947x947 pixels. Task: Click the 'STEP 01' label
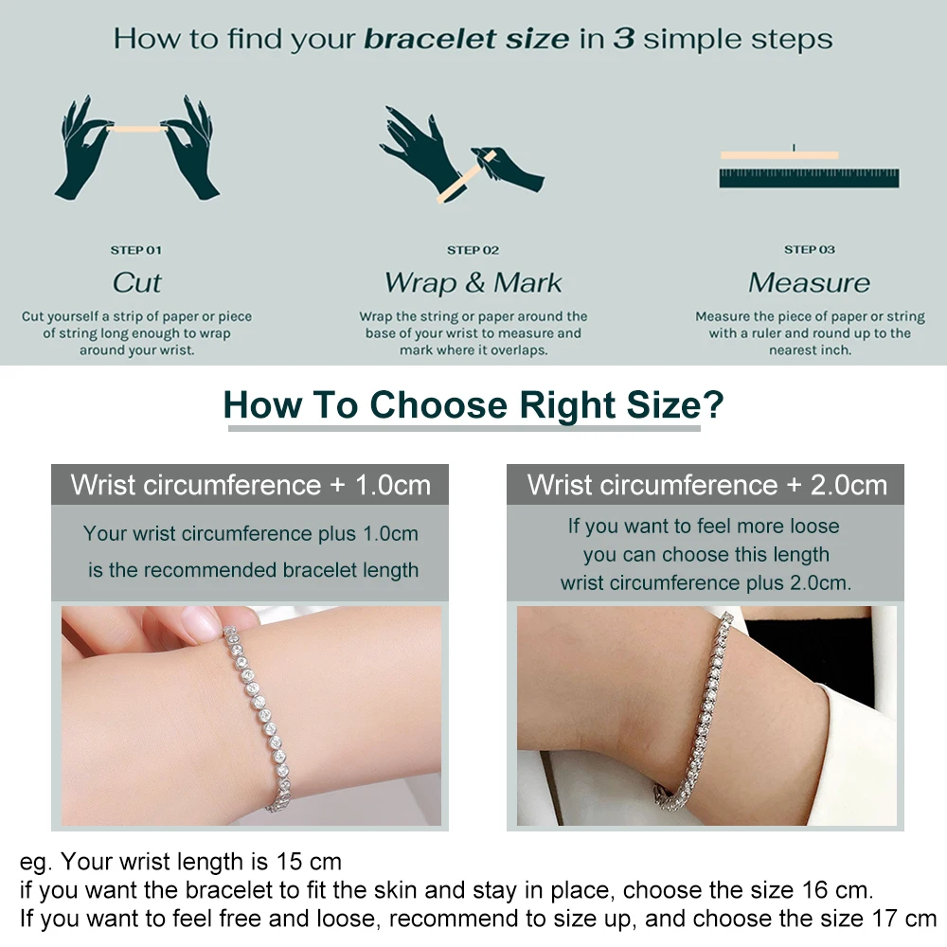pyautogui.click(x=136, y=250)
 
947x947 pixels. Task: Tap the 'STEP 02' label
pyautogui.click(x=473, y=250)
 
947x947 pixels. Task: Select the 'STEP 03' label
pyautogui.click(x=810, y=250)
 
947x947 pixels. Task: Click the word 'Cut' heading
pyautogui.click(x=136, y=282)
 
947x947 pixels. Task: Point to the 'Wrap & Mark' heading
pyautogui.click(x=473, y=282)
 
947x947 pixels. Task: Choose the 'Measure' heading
pyautogui.click(x=810, y=282)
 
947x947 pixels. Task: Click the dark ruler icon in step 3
pyautogui.click(x=809, y=178)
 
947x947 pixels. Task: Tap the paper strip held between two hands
pyautogui.click(x=136, y=128)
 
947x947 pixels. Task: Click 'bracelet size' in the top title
pyautogui.click(x=468, y=40)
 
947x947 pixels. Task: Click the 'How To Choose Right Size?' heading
pyautogui.click(x=473, y=405)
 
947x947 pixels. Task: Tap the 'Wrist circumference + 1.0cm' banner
pyautogui.click(x=250, y=485)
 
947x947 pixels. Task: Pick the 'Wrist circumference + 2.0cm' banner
pyautogui.click(x=706, y=485)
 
